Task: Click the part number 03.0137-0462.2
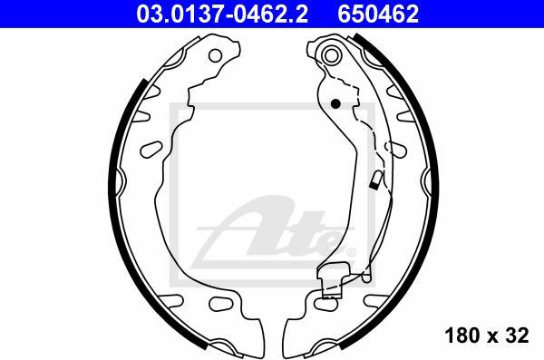point(222,14)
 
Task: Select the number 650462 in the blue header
point(378,14)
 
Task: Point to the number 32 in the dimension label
point(517,335)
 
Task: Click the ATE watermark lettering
point(274,231)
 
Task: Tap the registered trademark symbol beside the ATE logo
point(352,252)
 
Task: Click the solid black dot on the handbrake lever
point(335,103)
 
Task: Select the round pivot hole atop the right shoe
point(331,54)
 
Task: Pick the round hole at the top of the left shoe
point(215,55)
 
